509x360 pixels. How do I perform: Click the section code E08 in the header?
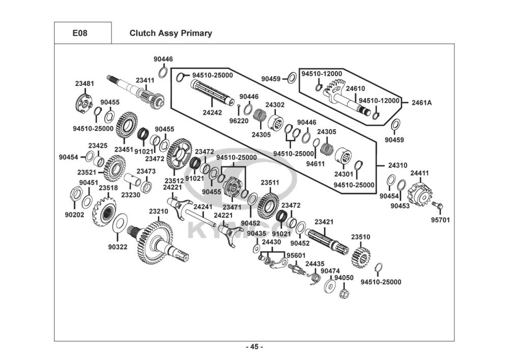click(x=80, y=34)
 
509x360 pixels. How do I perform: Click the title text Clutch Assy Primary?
click(x=171, y=34)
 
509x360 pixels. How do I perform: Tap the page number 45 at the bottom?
click(x=254, y=347)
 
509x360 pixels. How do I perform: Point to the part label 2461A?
click(x=422, y=102)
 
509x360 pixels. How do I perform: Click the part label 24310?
click(x=398, y=165)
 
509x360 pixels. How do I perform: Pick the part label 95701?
click(x=440, y=220)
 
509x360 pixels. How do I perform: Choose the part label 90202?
click(x=74, y=214)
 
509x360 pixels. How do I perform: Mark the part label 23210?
click(x=158, y=211)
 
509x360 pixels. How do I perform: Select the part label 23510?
click(x=360, y=237)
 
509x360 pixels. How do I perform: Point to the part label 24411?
click(x=419, y=173)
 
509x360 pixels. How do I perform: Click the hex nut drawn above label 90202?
click(x=74, y=193)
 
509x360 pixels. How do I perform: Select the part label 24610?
click(x=355, y=88)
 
